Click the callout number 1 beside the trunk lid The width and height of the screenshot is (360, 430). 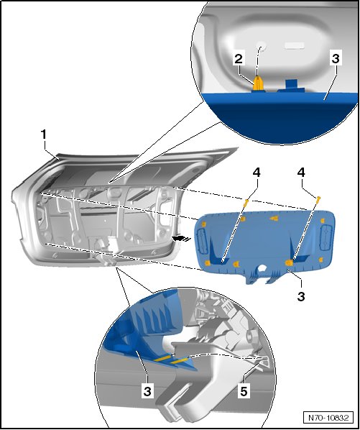tap(44, 135)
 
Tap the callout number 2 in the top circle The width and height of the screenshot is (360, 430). tap(239, 59)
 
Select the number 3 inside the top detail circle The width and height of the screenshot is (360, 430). tap(336, 59)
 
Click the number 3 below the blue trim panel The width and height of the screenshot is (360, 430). tap(301, 296)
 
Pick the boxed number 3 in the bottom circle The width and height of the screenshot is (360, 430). tap(147, 391)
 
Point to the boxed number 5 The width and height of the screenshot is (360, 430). tap(244, 391)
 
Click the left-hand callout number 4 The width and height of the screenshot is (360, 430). tap(257, 173)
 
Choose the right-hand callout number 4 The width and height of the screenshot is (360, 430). tap(301, 173)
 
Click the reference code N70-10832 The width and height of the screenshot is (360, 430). tap(328, 418)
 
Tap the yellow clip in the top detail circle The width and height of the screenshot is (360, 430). tap(258, 83)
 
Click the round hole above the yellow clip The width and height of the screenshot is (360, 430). tap(261, 46)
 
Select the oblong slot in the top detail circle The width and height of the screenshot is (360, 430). tap(294, 45)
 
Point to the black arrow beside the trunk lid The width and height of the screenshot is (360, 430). tap(181, 238)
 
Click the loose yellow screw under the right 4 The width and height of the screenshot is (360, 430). tap(318, 199)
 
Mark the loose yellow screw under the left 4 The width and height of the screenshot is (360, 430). tap(246, 203)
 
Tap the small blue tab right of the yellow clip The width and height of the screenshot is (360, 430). tap(292, 85)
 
